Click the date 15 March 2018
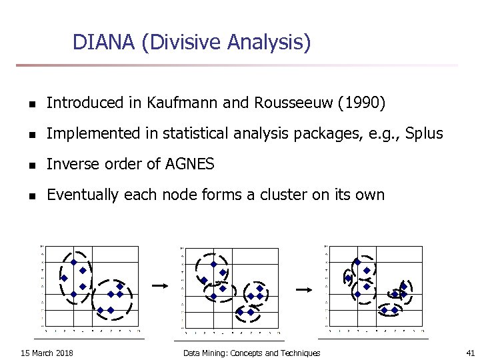tap(47, 353)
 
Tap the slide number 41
tap(470, 353)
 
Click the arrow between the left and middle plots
tap(159, 285)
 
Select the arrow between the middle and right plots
tap(303, 289)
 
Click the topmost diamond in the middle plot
tap(213, 264)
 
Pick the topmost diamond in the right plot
tap(357, 262)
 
